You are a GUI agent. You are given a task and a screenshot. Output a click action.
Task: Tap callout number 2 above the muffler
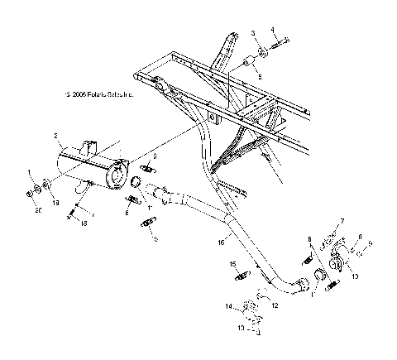(x=55, y=135)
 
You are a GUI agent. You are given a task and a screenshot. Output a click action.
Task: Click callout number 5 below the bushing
(x=258, y=74)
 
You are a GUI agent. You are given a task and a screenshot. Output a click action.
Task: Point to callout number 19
(x=56, y=202)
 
